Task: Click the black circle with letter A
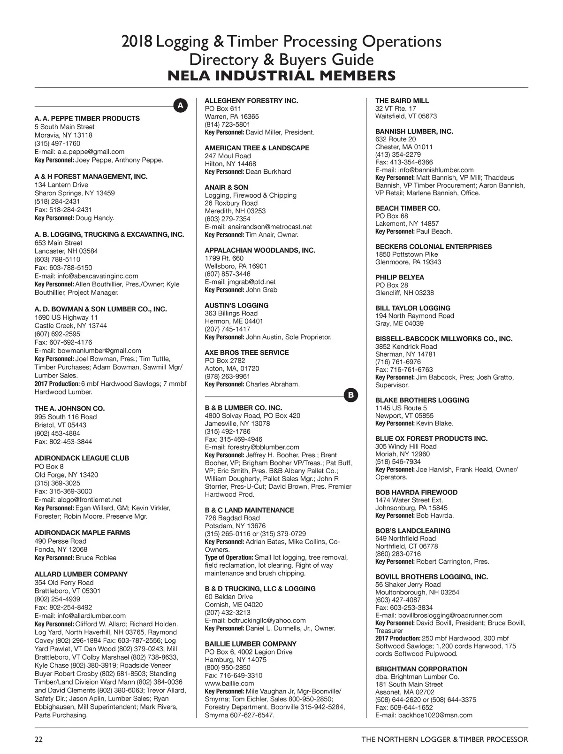(x=180, y=106)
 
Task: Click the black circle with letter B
(x=350, y=396)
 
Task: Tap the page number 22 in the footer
(x=38, y=739)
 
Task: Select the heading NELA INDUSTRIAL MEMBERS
(x=281, y=76)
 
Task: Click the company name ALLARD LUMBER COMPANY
(x=81, y=574)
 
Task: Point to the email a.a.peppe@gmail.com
(x=91, y=152)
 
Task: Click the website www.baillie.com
(x=223, y=684)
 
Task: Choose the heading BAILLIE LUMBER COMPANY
(x=251, y=644)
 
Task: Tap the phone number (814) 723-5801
(x=228, y=124)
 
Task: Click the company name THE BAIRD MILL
(x=402, y=100)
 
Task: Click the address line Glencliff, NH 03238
(x=404, y=293)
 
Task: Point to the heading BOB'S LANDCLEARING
(x=413, y=531)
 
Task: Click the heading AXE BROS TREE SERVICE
(x=247, y=353)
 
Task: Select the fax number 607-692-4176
(x=70, y=342)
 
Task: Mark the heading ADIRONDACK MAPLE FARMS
(x=83, y=533)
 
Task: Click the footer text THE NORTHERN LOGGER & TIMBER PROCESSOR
(x=444, y=739)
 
